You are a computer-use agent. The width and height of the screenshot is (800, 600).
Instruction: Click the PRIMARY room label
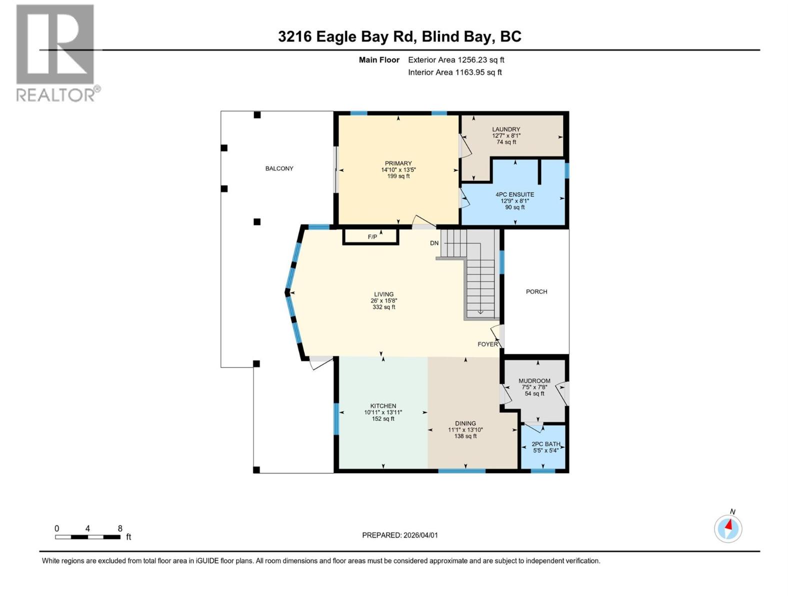click(398, 163)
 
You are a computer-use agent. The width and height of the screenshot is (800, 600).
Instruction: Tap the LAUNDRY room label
click(505, 129)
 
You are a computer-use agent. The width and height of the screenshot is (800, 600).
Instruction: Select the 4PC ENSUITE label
click(514, 194)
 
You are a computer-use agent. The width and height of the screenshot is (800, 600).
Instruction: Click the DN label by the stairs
click(434, 243)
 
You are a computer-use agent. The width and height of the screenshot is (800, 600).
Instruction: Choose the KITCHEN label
click(383, 406)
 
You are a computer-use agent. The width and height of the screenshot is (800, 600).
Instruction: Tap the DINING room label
click(465, 423)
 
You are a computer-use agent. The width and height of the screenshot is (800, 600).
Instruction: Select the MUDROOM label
click(534, 381)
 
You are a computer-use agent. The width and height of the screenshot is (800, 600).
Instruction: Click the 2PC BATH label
click(545, 444)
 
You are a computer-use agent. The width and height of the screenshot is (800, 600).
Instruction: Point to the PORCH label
click(536, 291)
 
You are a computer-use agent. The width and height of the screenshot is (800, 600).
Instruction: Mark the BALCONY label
click(279, 168)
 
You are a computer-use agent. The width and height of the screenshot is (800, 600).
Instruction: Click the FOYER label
click(487, 344)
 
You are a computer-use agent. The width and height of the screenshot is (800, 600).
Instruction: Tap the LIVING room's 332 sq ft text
click(383, 307)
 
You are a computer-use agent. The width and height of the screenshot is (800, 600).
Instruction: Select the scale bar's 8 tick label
click(120, 528)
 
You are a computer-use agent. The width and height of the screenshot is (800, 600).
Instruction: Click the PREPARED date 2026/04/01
click(420, 535)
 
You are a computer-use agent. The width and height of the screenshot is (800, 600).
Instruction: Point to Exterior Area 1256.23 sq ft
click(456, 60)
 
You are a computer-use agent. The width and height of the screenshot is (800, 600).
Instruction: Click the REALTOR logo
click(56, 52)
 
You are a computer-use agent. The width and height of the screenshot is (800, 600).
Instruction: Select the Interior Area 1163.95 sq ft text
click(454, 72)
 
